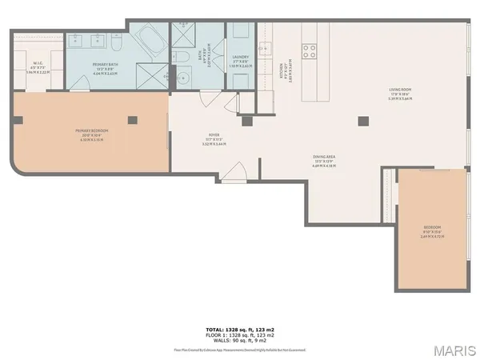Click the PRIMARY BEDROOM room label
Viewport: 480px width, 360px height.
coord(91,132)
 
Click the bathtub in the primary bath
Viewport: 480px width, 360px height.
coord(149,40)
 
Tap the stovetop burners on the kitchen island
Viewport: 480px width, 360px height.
coord(309,51)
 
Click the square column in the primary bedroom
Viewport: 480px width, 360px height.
coord(133,120)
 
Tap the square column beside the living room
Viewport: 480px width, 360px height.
coord(363,120)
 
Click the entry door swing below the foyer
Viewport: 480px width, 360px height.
coord(235,172)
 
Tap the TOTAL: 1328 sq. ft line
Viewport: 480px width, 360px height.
coord(239,329)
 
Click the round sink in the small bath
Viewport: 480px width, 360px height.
coord(182,78)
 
